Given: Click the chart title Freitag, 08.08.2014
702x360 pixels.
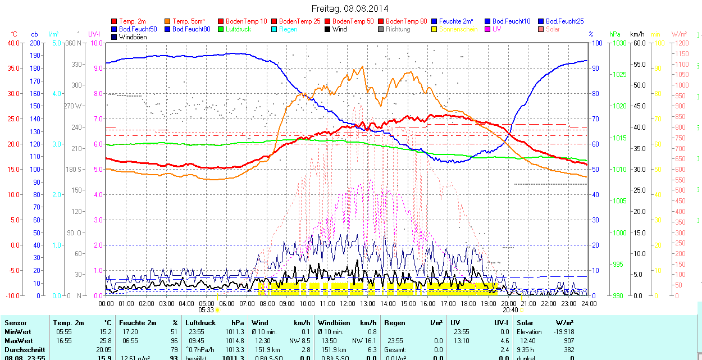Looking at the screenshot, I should coord(350,9).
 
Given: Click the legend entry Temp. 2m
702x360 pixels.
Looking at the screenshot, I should coord(133,21).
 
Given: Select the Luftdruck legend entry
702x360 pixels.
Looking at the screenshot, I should coord(235,29).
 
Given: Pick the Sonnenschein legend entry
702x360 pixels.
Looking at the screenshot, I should coord(458,29).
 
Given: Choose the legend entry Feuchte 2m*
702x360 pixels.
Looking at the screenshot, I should coord(458,21).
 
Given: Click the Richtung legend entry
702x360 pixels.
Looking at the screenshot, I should coord(398,29).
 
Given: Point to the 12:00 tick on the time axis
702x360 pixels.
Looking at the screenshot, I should coord(348,303).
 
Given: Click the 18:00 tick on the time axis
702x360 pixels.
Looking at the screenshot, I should coord(468,303).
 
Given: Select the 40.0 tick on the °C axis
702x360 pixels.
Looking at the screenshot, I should coord(12,43).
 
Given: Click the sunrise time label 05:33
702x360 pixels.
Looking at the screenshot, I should coord(206,309).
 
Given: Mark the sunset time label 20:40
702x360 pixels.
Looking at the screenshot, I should coord(510,309).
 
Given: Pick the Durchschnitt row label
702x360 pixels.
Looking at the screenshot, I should coord(24,349).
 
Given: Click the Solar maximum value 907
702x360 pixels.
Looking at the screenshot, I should coord(568,341).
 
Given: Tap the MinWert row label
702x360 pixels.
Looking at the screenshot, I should coord(18,332).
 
